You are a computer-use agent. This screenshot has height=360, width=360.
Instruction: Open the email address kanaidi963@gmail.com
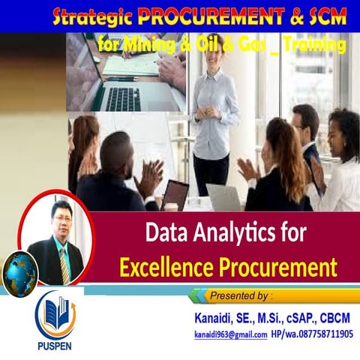coord(230,334)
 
